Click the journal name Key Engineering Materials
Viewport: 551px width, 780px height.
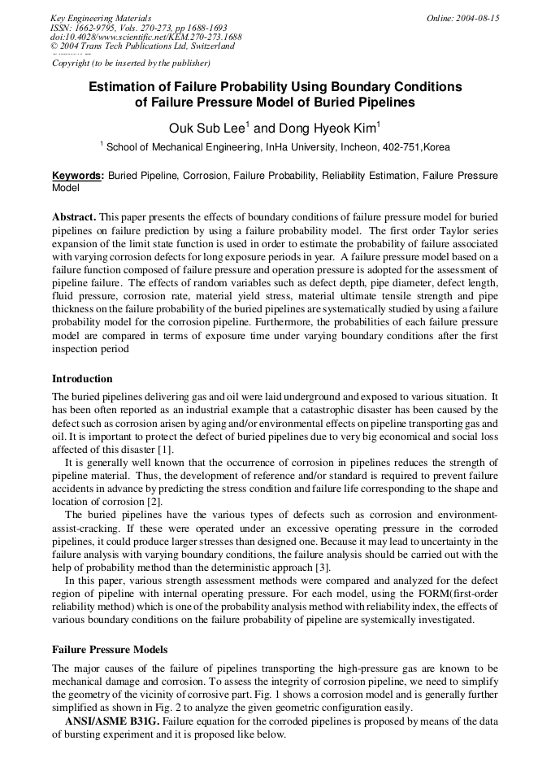101,17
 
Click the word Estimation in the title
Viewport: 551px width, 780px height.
122,86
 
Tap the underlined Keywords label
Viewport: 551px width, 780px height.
77,175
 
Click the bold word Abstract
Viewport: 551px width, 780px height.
74,217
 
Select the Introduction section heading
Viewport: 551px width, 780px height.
82,378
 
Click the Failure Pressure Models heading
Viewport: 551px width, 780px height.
110,650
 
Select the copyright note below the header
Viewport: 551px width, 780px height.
131,63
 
